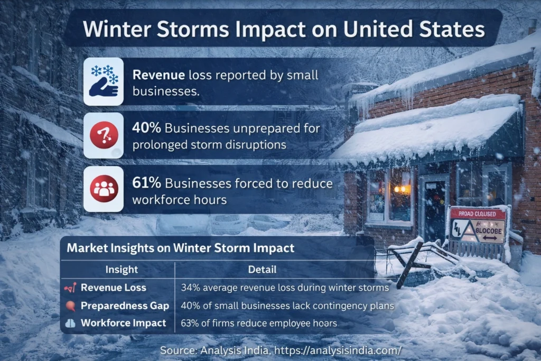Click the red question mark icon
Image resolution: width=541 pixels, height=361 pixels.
104,135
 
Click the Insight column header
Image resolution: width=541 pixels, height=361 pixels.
121,270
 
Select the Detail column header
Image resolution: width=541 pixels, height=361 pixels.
262,270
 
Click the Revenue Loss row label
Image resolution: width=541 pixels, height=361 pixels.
113,288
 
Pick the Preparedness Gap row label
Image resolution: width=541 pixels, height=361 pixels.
125,306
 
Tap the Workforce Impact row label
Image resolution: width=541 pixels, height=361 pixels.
123,323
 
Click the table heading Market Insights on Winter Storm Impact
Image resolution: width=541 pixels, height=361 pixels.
181,247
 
